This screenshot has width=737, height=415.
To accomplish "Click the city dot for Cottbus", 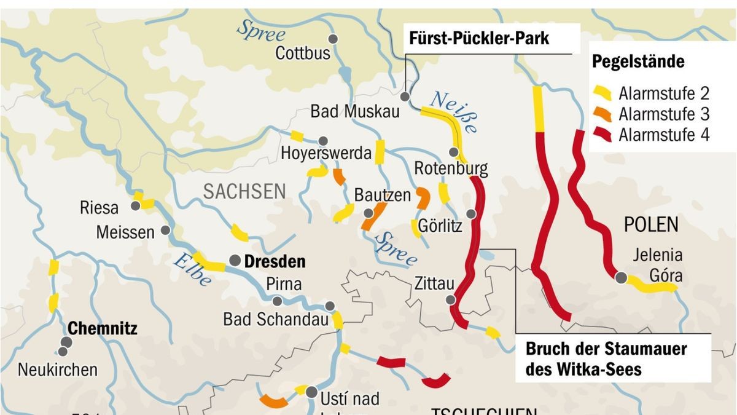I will pyautogui.click(x=333, y=39).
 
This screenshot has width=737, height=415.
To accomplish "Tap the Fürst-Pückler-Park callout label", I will pyautogui.click(x=479, y=39).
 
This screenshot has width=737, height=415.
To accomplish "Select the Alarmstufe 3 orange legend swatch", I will pyautogui.click(x=604, y=114).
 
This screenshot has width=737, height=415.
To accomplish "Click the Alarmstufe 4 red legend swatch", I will pyautogui.click(x=604, y=135).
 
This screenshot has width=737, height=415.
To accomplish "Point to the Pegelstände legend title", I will pyautogui.click(x=638, y=62).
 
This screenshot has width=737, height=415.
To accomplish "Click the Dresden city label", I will pyautogui.click(x=275, y=261).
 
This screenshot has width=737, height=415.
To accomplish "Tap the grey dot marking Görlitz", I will pyautogui.click(x=470, y=214).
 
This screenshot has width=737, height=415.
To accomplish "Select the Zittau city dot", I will pyautogui.click(x=451, y=299).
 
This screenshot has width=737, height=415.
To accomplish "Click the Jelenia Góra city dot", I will pyautogui.click(x=621, y=278).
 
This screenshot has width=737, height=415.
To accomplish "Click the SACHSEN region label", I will pyautogui.click(x=244, y=191).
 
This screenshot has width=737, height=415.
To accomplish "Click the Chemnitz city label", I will pyautogui.click(x=102, y=328).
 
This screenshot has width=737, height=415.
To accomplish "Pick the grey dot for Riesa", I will pyautogui.click(x=136, y=207).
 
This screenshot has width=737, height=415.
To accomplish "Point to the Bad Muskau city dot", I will pyautogui.click(x=405, y=97).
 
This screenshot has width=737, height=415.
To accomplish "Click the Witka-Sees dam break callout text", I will pyautogui.click(x=606, y=359).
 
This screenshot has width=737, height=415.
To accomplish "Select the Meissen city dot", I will pyautogui.click(x=165, y=230).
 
